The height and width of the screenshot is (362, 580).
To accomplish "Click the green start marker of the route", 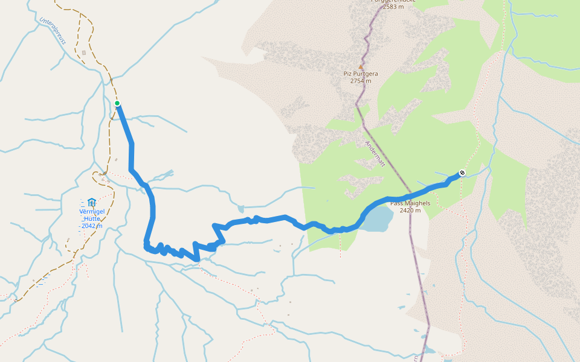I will (x=117, y=103).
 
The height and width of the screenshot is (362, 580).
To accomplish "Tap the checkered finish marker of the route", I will (x=462, y=173).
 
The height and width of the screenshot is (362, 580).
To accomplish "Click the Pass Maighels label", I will (x=410, y=203).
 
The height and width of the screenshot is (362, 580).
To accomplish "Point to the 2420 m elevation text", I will (x=410, y=211).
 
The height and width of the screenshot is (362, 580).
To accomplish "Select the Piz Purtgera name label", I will (x=361, y=74).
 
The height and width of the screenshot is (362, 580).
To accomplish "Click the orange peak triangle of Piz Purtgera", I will (x=361, y=67).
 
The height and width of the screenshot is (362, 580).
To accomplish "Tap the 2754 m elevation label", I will (x=361, y=81).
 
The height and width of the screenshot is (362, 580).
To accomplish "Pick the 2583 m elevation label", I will (x=393, y=7).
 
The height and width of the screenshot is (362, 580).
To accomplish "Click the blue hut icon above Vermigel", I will (x=91, y=202).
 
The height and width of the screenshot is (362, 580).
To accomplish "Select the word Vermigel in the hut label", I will (x=92, y=211).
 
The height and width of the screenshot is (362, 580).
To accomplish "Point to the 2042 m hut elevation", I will (x=91, y=226).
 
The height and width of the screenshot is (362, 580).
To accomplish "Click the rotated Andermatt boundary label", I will (x=375, y=154).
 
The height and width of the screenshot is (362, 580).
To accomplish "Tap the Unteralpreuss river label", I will (x=52, y=30).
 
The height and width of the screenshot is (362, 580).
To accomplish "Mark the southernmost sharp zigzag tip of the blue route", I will (x=197, y=260).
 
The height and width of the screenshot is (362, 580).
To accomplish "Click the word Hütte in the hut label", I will (x=92, y=218).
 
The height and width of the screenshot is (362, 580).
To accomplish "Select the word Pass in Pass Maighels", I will (x=397, y=203).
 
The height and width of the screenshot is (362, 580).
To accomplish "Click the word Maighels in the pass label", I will (x=417, y=203).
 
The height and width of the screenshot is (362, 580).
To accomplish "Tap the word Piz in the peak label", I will (x=347, y=74).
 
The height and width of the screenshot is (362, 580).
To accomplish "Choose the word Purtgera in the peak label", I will (x=366, y=74).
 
